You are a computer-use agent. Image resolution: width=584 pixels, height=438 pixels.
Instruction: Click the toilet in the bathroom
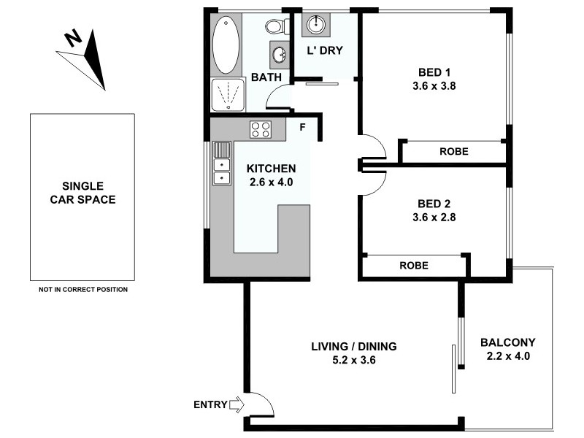point(274,28)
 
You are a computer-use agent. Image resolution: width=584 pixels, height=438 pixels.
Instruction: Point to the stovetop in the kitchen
point(261,129)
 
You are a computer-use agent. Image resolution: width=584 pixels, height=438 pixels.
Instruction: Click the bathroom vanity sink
point(278,53)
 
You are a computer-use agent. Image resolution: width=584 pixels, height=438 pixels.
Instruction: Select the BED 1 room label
point(430,72)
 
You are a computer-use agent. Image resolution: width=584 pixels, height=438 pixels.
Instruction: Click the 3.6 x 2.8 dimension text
point(430,217)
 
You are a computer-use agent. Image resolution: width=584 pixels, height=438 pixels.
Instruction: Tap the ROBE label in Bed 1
point(453,152)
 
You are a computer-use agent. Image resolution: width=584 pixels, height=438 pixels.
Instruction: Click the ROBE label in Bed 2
point(413,265)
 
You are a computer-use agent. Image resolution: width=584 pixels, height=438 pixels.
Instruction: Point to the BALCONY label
point(507,342)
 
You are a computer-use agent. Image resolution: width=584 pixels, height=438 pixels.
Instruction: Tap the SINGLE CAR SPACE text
point(82,193)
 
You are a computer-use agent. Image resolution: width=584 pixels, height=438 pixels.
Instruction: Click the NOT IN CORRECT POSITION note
point(82,290)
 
